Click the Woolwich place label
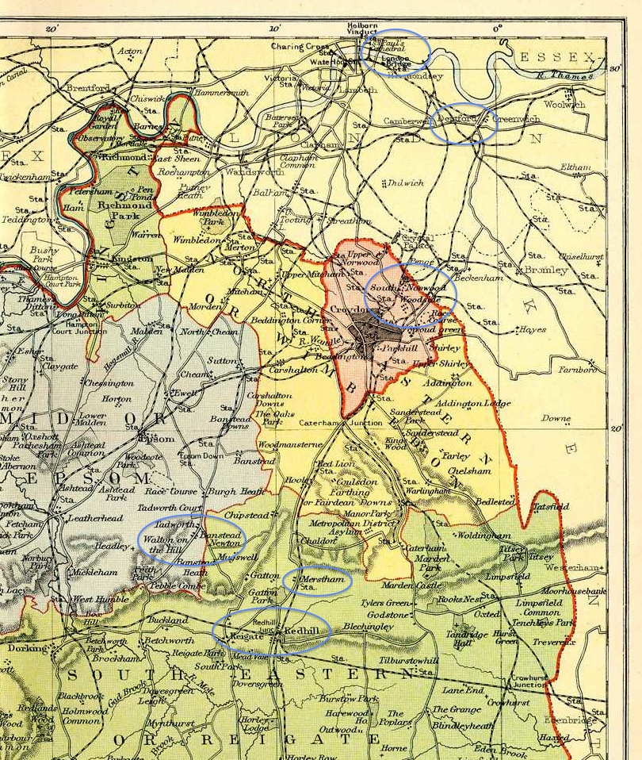tap(564, 104)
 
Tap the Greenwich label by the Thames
tap(516, 119)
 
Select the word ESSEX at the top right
tap(555, 57)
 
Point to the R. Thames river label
tap(564, 76)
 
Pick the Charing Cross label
tap(300, 47)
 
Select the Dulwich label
tap(407, 182)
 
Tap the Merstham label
tap(324, 579)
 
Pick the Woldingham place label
tap(483, 536)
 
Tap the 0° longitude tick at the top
tap(498, 29)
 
